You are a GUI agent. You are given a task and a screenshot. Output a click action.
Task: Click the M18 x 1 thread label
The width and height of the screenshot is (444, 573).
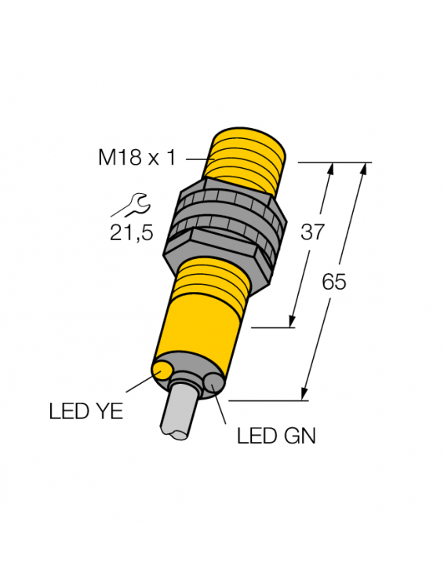(x=137, y=159)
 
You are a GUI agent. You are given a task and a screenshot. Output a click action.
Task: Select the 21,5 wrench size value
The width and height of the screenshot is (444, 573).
(x=132, y=233)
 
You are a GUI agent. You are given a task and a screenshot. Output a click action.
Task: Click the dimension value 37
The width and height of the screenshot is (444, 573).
(x=312, y=232)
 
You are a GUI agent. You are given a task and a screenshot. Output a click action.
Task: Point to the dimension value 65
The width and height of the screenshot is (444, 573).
(x=333, y=282)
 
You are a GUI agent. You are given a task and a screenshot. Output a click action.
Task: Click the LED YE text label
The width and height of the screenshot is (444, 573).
(x=86, y=411)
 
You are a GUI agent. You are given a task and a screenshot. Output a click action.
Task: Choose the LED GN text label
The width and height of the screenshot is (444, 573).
(x=276, y=436)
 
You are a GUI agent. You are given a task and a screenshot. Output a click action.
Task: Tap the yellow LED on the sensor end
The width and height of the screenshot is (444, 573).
(x=162, y=370)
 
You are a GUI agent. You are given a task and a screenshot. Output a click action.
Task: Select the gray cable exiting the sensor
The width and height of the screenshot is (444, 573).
(x=179, y=409)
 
